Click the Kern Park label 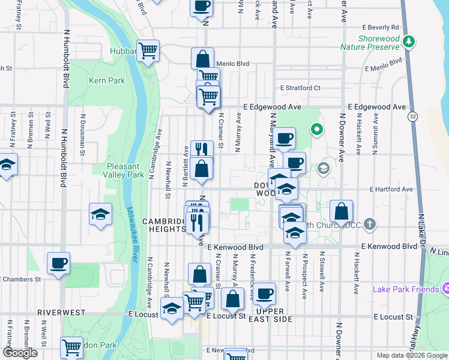tap(103, 80)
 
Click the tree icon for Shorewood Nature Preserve tap(409, 41)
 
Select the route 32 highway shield tap(412, 115)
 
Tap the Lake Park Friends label tap(406, 289)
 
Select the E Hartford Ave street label tap(391, 189)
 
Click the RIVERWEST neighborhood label tap(59, 313)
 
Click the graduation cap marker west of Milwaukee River tap(100, 214)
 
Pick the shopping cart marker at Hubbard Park tap(148, 50)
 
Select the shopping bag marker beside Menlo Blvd tap(203, 58)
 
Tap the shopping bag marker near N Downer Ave tap(341, 211)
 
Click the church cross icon tap(370, 224)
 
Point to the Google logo tap(20, 353)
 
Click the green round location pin tap(316, 128)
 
